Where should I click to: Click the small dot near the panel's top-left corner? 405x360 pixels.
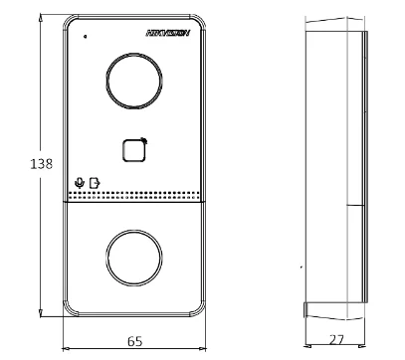86,36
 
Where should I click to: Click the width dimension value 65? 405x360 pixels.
133,340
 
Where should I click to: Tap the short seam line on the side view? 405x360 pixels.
355,206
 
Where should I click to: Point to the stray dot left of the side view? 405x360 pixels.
302,267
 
